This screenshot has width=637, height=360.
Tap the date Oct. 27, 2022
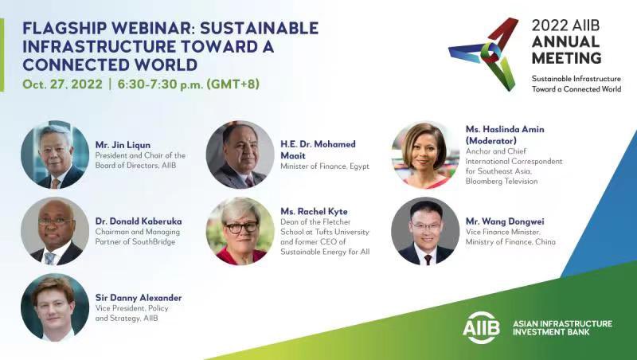click(x=57, y=84)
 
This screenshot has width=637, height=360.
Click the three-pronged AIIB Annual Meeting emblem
click(x=483, y=53)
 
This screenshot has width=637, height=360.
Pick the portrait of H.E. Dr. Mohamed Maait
click(x=240, y=154)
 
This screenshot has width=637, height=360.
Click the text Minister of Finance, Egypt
click(x=325, y=166)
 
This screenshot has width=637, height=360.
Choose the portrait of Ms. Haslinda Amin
click(x=425, y=154)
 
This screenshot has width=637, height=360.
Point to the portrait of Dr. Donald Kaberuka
click(x=55, y=231)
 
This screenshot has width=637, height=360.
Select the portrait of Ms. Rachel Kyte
click(x=240, y=231)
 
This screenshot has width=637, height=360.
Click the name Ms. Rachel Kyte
click(x=314, y=211)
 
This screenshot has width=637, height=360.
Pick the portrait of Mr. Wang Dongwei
click(x=425, y=231)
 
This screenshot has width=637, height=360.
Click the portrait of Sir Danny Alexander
click(x=55, y=307)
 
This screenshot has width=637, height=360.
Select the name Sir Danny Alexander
click(x=139, y=298)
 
